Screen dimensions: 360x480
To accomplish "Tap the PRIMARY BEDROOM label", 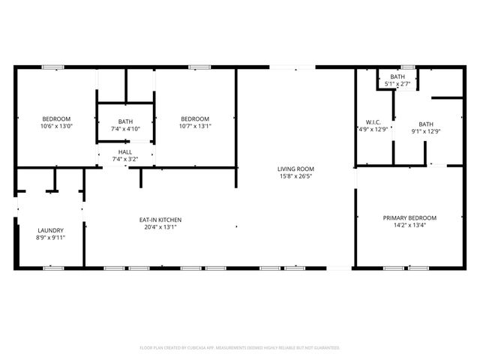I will tap(409, 218).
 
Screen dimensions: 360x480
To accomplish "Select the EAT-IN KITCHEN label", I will tap(160, 220).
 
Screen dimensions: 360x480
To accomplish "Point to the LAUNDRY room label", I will tap(51, 230).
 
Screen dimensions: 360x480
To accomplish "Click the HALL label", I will tap(124, 152).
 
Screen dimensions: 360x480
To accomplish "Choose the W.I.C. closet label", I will tap(373, 121).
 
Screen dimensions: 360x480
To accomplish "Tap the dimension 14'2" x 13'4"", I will tap(409, 226).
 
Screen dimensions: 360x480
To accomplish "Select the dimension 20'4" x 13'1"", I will tap(160, 227).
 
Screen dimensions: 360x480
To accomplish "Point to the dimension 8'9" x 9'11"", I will tap(51, 238).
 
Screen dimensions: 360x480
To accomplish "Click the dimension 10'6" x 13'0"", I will tap(56, 126).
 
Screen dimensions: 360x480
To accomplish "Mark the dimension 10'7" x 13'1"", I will tap(195, 126).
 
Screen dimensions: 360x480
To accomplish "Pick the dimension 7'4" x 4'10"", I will tap(124, 129).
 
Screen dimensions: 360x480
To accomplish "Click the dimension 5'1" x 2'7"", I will tap(397, 84).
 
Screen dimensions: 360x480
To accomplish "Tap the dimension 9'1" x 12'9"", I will tap(426, 132).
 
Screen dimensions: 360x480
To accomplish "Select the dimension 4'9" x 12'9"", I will tap(373, 129).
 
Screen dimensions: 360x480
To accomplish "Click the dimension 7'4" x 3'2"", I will tap(124, 159).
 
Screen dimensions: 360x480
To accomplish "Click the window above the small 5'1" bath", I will tap(407, 67).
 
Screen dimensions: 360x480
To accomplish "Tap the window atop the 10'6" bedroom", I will tap(52, 67).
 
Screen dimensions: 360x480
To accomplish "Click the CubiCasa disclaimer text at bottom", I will tap(240, 348).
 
